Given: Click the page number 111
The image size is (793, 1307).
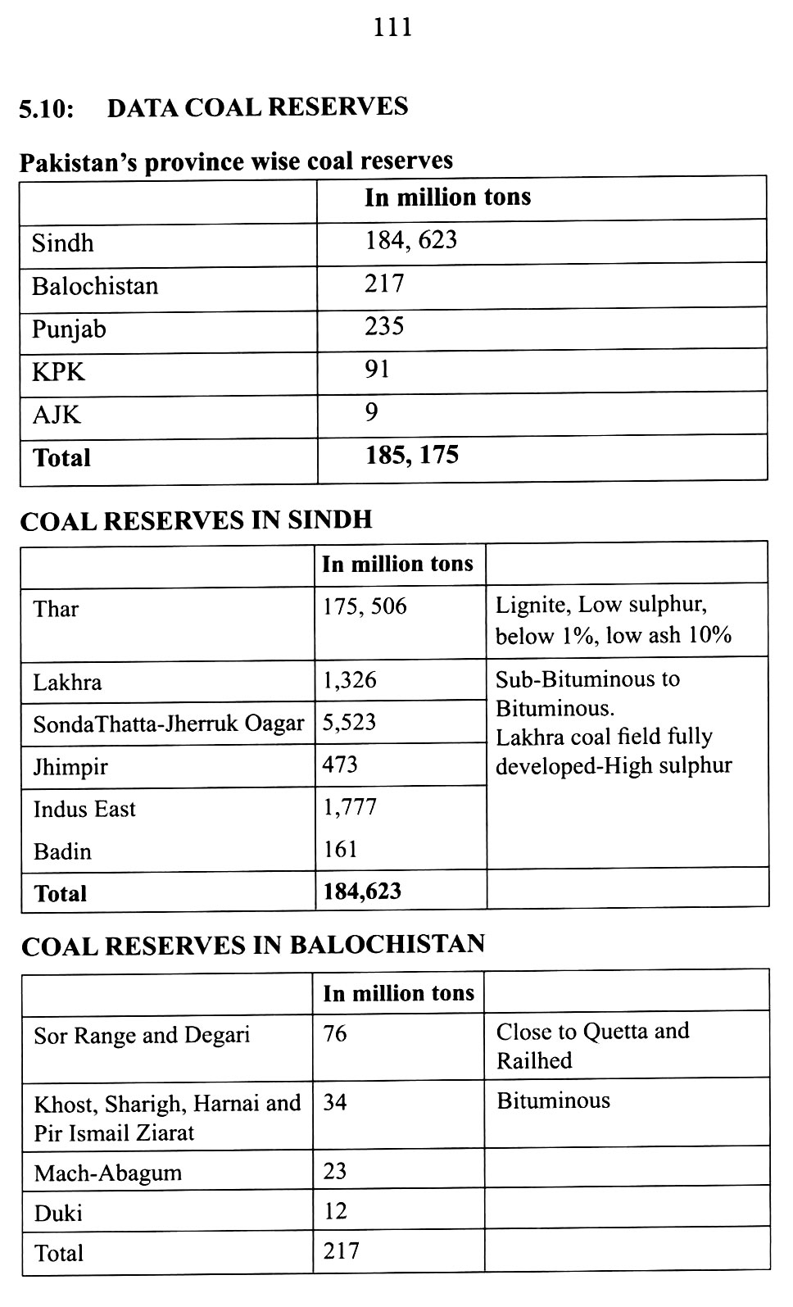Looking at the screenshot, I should point(392,28).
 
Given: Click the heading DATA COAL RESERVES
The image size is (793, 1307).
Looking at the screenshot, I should point(257,107).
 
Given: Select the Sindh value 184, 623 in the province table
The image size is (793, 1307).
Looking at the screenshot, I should point(410,241).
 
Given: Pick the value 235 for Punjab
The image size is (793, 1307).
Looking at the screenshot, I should point(384,327).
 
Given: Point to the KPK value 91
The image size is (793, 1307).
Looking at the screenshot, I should point(377,370).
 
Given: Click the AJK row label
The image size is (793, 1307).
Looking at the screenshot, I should point(57,415).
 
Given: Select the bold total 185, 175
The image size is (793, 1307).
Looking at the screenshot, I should point(411,455).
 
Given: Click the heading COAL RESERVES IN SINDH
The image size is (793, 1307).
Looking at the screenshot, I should point(196,520).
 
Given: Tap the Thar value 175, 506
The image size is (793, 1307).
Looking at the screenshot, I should point(365,606).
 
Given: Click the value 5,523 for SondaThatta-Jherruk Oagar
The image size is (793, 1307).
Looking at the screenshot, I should point(349,722).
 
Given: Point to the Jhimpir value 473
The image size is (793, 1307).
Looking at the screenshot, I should point(340,765).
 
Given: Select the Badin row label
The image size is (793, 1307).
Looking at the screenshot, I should point(62,851).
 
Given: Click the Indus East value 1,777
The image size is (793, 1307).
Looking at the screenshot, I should point(350,807).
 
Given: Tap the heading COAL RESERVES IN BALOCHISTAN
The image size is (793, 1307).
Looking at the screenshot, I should point(253,945).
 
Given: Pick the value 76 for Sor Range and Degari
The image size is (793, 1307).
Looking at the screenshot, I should point(335,1033).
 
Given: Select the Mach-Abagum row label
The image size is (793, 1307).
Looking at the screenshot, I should point(107,1173).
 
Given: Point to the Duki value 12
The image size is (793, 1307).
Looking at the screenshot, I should point(335,1210).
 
